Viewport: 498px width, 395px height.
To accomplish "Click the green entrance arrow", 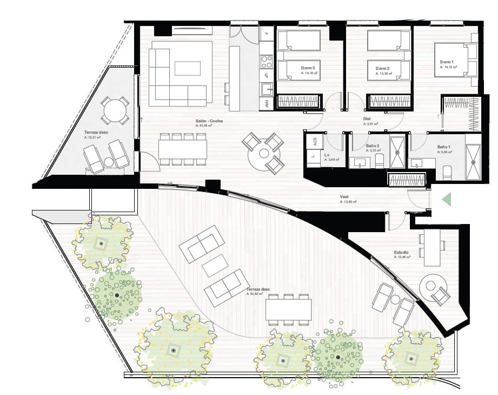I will tap(447, 200).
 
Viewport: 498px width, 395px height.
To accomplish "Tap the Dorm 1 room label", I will tap(447, 62).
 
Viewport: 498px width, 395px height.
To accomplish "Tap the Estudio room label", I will tap(401, 253).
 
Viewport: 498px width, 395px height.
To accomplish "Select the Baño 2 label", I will tap(371, 147).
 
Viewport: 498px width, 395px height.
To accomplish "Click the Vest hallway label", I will tap(344, 197).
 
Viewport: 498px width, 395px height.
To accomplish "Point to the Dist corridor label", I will tap(367, 119).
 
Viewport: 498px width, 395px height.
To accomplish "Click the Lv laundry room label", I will tap(327, 155).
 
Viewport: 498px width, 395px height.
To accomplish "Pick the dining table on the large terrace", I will tap(288, 309).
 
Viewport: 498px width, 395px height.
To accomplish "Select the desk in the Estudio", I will tap(431, 248).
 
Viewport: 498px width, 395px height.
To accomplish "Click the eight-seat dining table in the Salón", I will tap(183, 148).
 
